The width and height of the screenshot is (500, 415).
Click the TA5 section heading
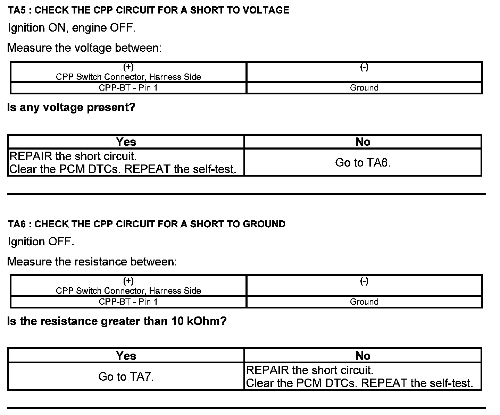[148, 10]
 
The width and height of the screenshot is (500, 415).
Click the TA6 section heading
[147, 224]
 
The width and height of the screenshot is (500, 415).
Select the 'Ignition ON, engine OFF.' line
[72, 28]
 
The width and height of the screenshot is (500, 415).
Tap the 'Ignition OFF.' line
[41, 242]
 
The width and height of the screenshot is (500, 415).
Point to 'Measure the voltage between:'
[84, 48]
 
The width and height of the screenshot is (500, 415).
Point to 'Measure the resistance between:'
[92, 261]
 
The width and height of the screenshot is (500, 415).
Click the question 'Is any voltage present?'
[71, 107]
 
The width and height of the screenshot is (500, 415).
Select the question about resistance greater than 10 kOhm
[117, 321]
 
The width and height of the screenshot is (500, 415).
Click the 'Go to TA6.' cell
[363, 162]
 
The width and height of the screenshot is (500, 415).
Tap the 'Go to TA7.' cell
[126, 376]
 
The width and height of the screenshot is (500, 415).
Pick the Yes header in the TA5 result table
[126, 142]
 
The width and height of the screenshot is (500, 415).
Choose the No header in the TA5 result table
[363, 142]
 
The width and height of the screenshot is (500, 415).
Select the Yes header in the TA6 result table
[126, 355]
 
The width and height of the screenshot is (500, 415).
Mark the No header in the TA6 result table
[363, 355]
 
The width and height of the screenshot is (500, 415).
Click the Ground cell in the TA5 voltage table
[364, 88]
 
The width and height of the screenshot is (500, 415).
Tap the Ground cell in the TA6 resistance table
[364, 302]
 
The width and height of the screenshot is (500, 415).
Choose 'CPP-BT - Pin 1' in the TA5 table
[128, 88]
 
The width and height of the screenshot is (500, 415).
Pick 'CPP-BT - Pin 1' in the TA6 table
[128, 302]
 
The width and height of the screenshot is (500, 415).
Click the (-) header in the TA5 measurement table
[364, 67]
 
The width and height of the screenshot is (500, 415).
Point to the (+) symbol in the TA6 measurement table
[128, 281]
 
